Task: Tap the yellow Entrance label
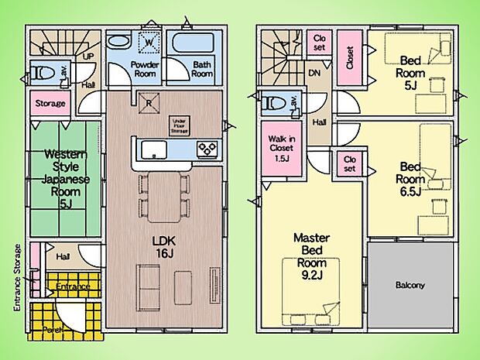pos(73,286)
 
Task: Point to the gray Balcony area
pos(410,285)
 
